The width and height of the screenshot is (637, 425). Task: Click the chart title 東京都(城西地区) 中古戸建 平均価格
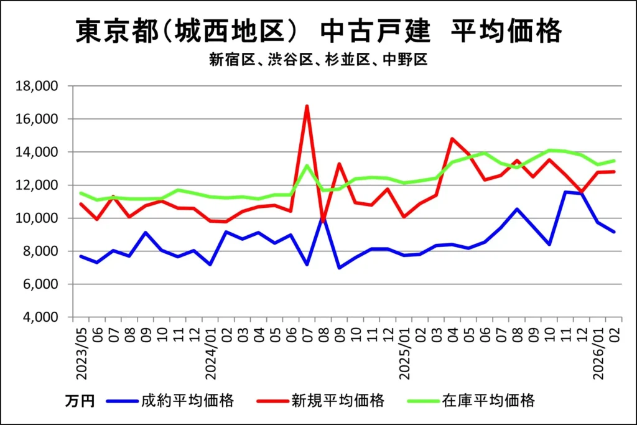318,31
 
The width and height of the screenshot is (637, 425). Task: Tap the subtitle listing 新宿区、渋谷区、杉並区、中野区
318,60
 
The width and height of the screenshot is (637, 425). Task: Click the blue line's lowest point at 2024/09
339,268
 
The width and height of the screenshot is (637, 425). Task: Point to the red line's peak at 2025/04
452,139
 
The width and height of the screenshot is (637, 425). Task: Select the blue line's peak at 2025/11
565,192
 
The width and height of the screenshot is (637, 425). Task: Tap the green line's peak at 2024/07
307,165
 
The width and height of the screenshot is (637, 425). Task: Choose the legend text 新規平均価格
338,400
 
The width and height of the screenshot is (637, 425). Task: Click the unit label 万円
80,401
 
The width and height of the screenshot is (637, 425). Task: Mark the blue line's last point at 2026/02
614,232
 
